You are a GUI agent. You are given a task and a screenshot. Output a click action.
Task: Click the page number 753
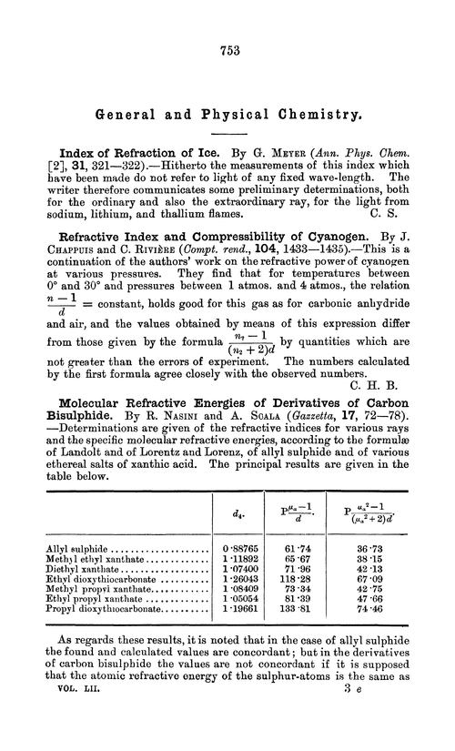[227, 51]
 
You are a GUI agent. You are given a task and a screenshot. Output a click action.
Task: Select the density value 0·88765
[242, 551]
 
